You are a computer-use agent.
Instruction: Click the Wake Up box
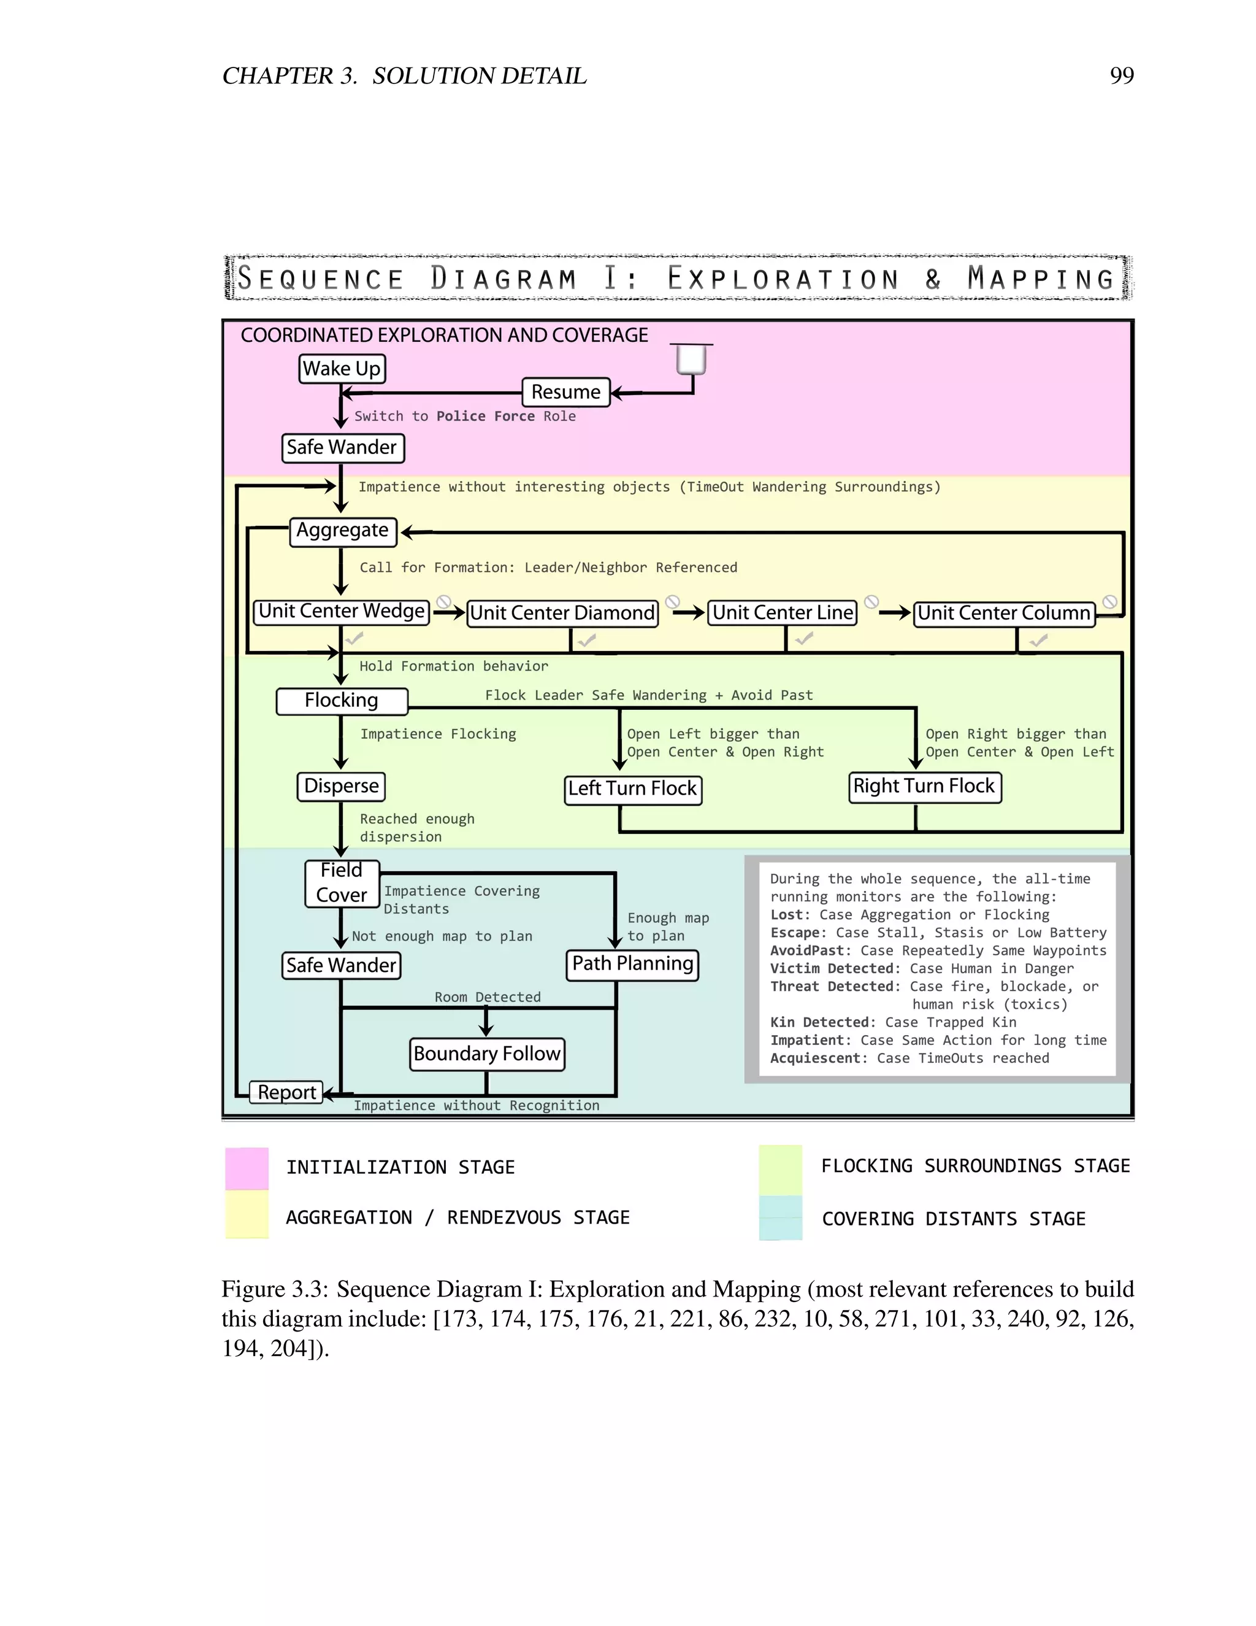coord(342,369)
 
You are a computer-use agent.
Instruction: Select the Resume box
coord(565,392)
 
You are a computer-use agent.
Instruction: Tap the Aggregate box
coord(342,531)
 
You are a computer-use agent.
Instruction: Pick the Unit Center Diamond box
coord(562,614)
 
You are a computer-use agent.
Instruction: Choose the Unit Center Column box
coord(1004,614)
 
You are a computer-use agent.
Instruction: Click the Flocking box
coord(342,701)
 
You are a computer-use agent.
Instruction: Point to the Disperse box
coord(342,786)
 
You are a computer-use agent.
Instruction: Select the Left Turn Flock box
coord(632,789)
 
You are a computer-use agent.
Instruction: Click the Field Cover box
coord(342,883)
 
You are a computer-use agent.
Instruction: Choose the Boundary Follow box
coord(486,1054)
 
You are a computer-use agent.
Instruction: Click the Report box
coord(286,1092)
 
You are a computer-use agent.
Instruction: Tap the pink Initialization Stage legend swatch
coord(247,1168)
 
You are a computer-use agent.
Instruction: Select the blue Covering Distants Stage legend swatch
coord(781,1218)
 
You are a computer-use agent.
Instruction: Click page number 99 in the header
coord(1121,75)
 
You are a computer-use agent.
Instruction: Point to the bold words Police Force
coord(485,416)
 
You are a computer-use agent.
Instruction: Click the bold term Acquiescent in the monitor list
coord(818,1058)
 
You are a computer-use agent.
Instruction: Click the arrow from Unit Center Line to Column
coord(894,614)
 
